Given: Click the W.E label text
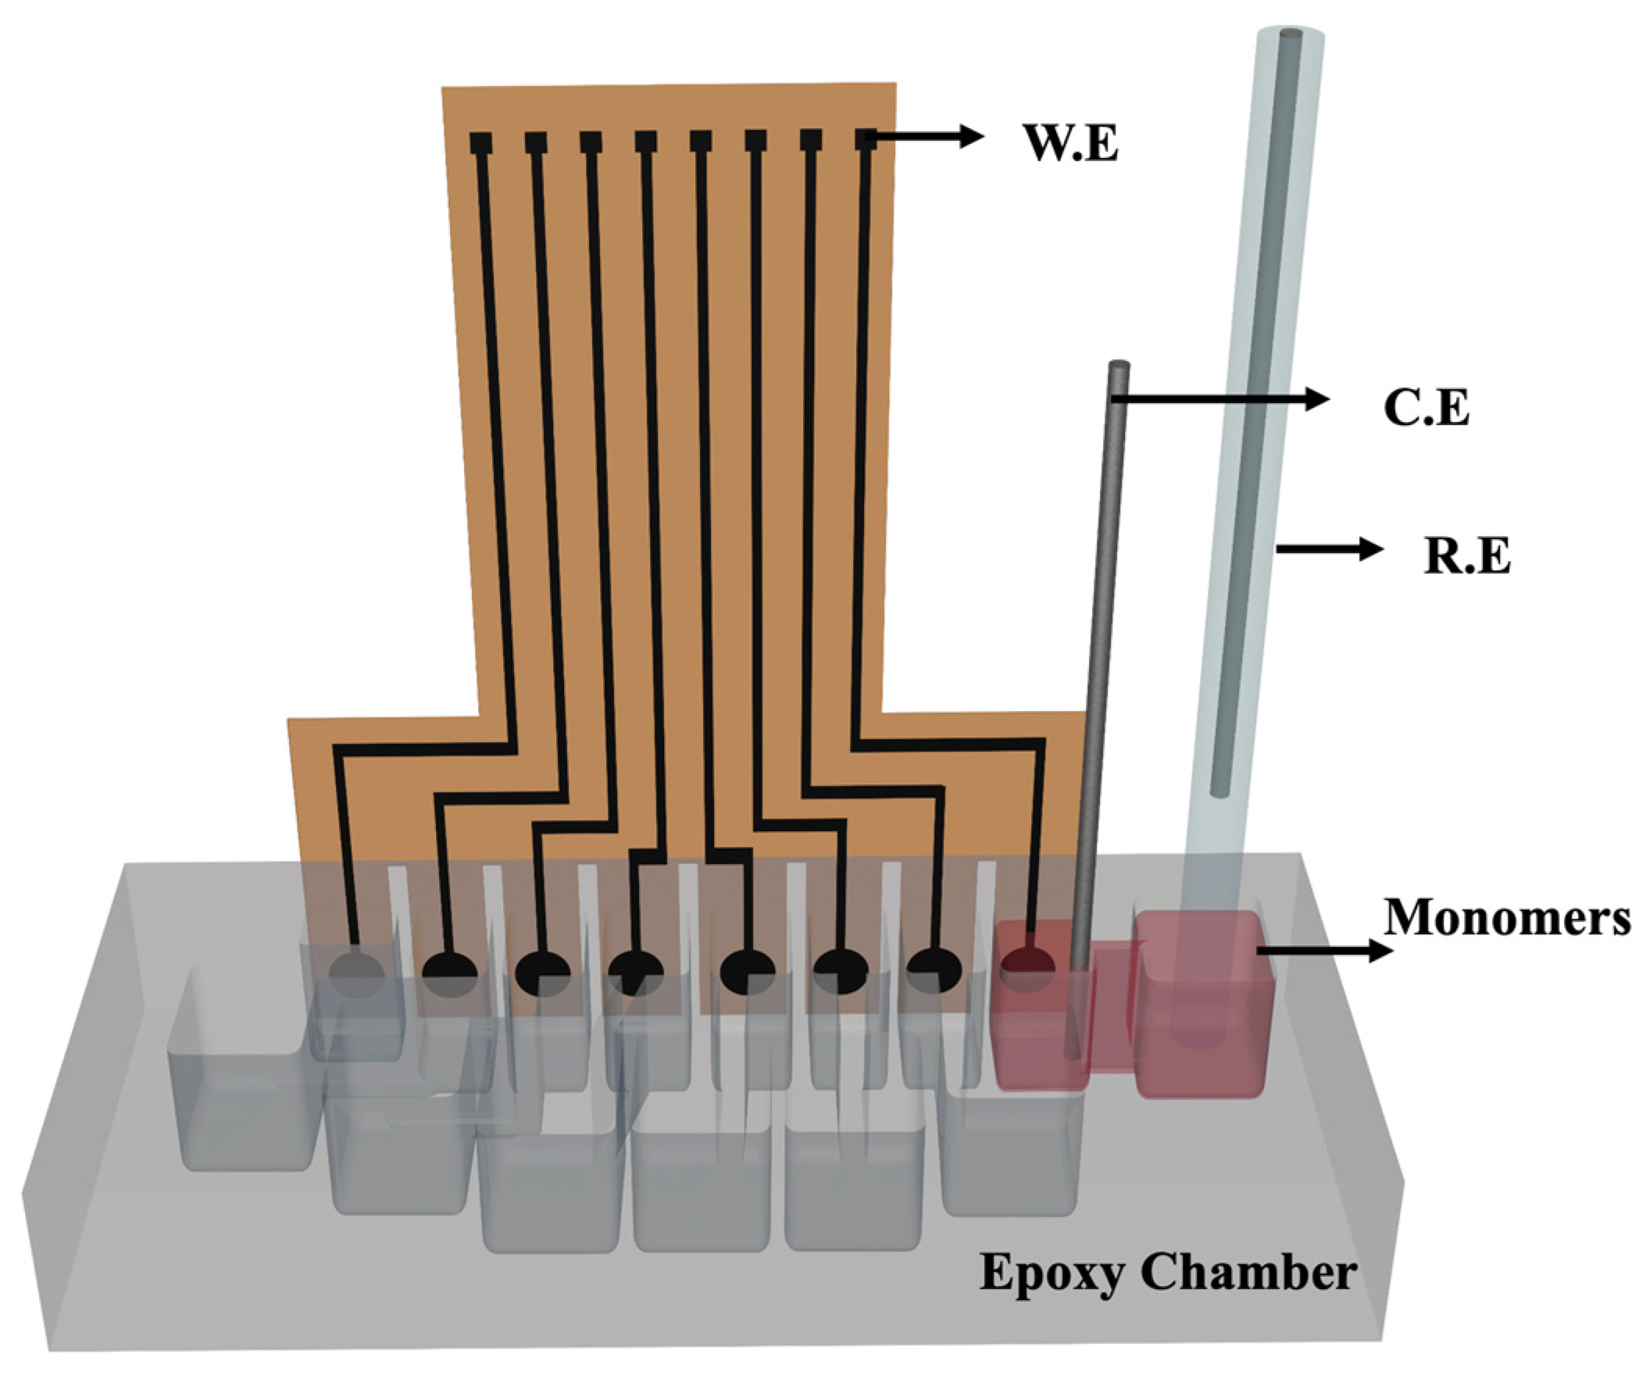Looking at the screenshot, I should [x=1071, y=144].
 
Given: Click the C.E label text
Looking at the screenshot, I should [x=1426, y=408].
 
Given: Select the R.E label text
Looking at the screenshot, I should [x=1467, y=557].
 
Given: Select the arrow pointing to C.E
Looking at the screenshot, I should [x=1219, y=400].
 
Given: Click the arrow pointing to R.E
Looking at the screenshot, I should [x=1330, y=549].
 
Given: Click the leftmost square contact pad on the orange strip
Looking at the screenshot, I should [x=480, y=143].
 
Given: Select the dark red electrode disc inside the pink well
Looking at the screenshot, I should [x=1027, y=970].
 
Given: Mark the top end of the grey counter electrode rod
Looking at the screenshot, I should [x=1119, y=366].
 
